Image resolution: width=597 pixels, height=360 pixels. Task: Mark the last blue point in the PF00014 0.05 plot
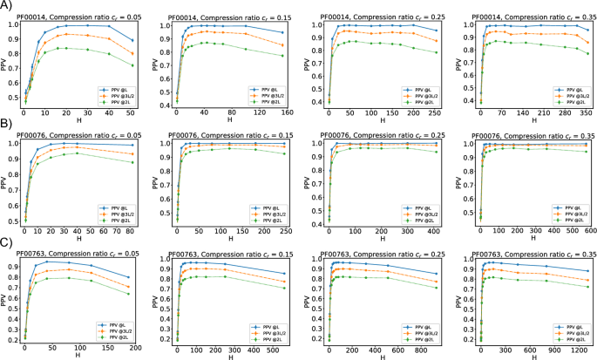(x=132, y=40)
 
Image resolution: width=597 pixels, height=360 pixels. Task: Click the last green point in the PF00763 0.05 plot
(x=128, y=294)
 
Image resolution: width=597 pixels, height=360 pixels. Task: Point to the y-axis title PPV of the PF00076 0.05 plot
(x=4, y=183)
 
